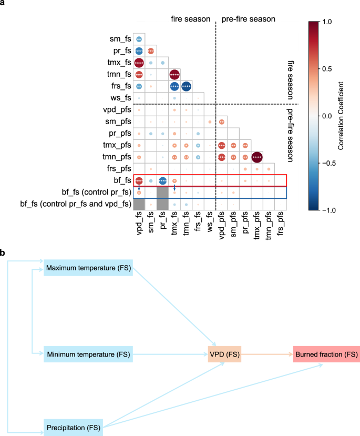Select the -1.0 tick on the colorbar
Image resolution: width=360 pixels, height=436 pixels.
(326, 210)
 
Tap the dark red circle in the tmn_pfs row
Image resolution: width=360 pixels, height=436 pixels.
(256, 157)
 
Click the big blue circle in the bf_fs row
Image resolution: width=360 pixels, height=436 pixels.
(162, 180)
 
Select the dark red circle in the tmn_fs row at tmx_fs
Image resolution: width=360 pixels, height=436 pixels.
(174, 75)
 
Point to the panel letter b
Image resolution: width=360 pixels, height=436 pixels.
(4, 254)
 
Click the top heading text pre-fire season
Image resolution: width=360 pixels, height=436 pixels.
(248, 19)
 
